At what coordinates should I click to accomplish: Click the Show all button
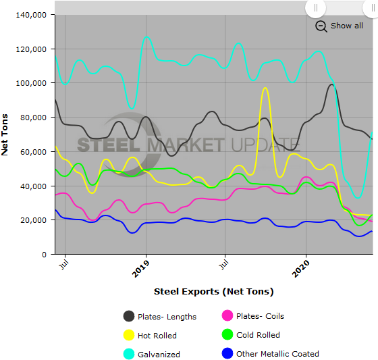pos(346,26)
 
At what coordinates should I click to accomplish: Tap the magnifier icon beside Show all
pos(321,26)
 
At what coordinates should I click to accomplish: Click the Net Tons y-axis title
pos(5,134)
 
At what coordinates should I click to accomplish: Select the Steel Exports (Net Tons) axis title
pos(213,292)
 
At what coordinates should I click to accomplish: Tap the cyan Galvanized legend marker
pos(128,353)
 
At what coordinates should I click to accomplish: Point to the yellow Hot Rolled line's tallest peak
pos(265,88)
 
